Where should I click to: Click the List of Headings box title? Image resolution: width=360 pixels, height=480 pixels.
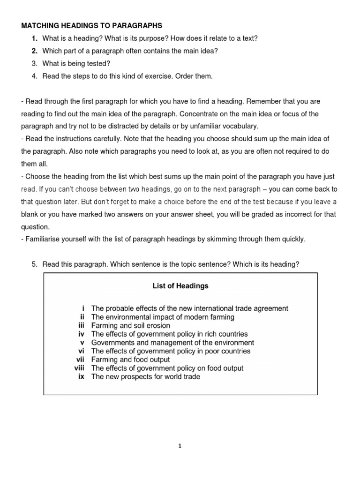[180, 285]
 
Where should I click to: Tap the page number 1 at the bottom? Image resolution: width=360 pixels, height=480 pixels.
[180, 446]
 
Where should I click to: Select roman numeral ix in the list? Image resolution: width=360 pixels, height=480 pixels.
[81, 377]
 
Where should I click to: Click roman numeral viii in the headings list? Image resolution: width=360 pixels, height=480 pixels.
[79, 368]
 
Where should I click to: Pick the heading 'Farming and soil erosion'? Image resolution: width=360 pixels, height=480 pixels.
[130, 325]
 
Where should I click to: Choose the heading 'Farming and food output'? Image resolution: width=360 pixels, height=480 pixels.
[130, 360]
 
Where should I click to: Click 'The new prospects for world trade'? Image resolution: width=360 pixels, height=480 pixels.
[145, 377]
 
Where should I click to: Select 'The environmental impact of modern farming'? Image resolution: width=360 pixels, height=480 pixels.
[163, 317]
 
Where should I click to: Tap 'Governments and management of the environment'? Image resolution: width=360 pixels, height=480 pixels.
[172, 343]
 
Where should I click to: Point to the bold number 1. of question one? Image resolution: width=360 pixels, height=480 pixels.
[35, 38]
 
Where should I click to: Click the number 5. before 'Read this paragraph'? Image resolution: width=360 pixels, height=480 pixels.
[35, 264]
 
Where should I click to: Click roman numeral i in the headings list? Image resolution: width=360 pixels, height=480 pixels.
[83, 308]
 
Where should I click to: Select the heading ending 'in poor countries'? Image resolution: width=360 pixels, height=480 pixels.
[171, 351]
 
